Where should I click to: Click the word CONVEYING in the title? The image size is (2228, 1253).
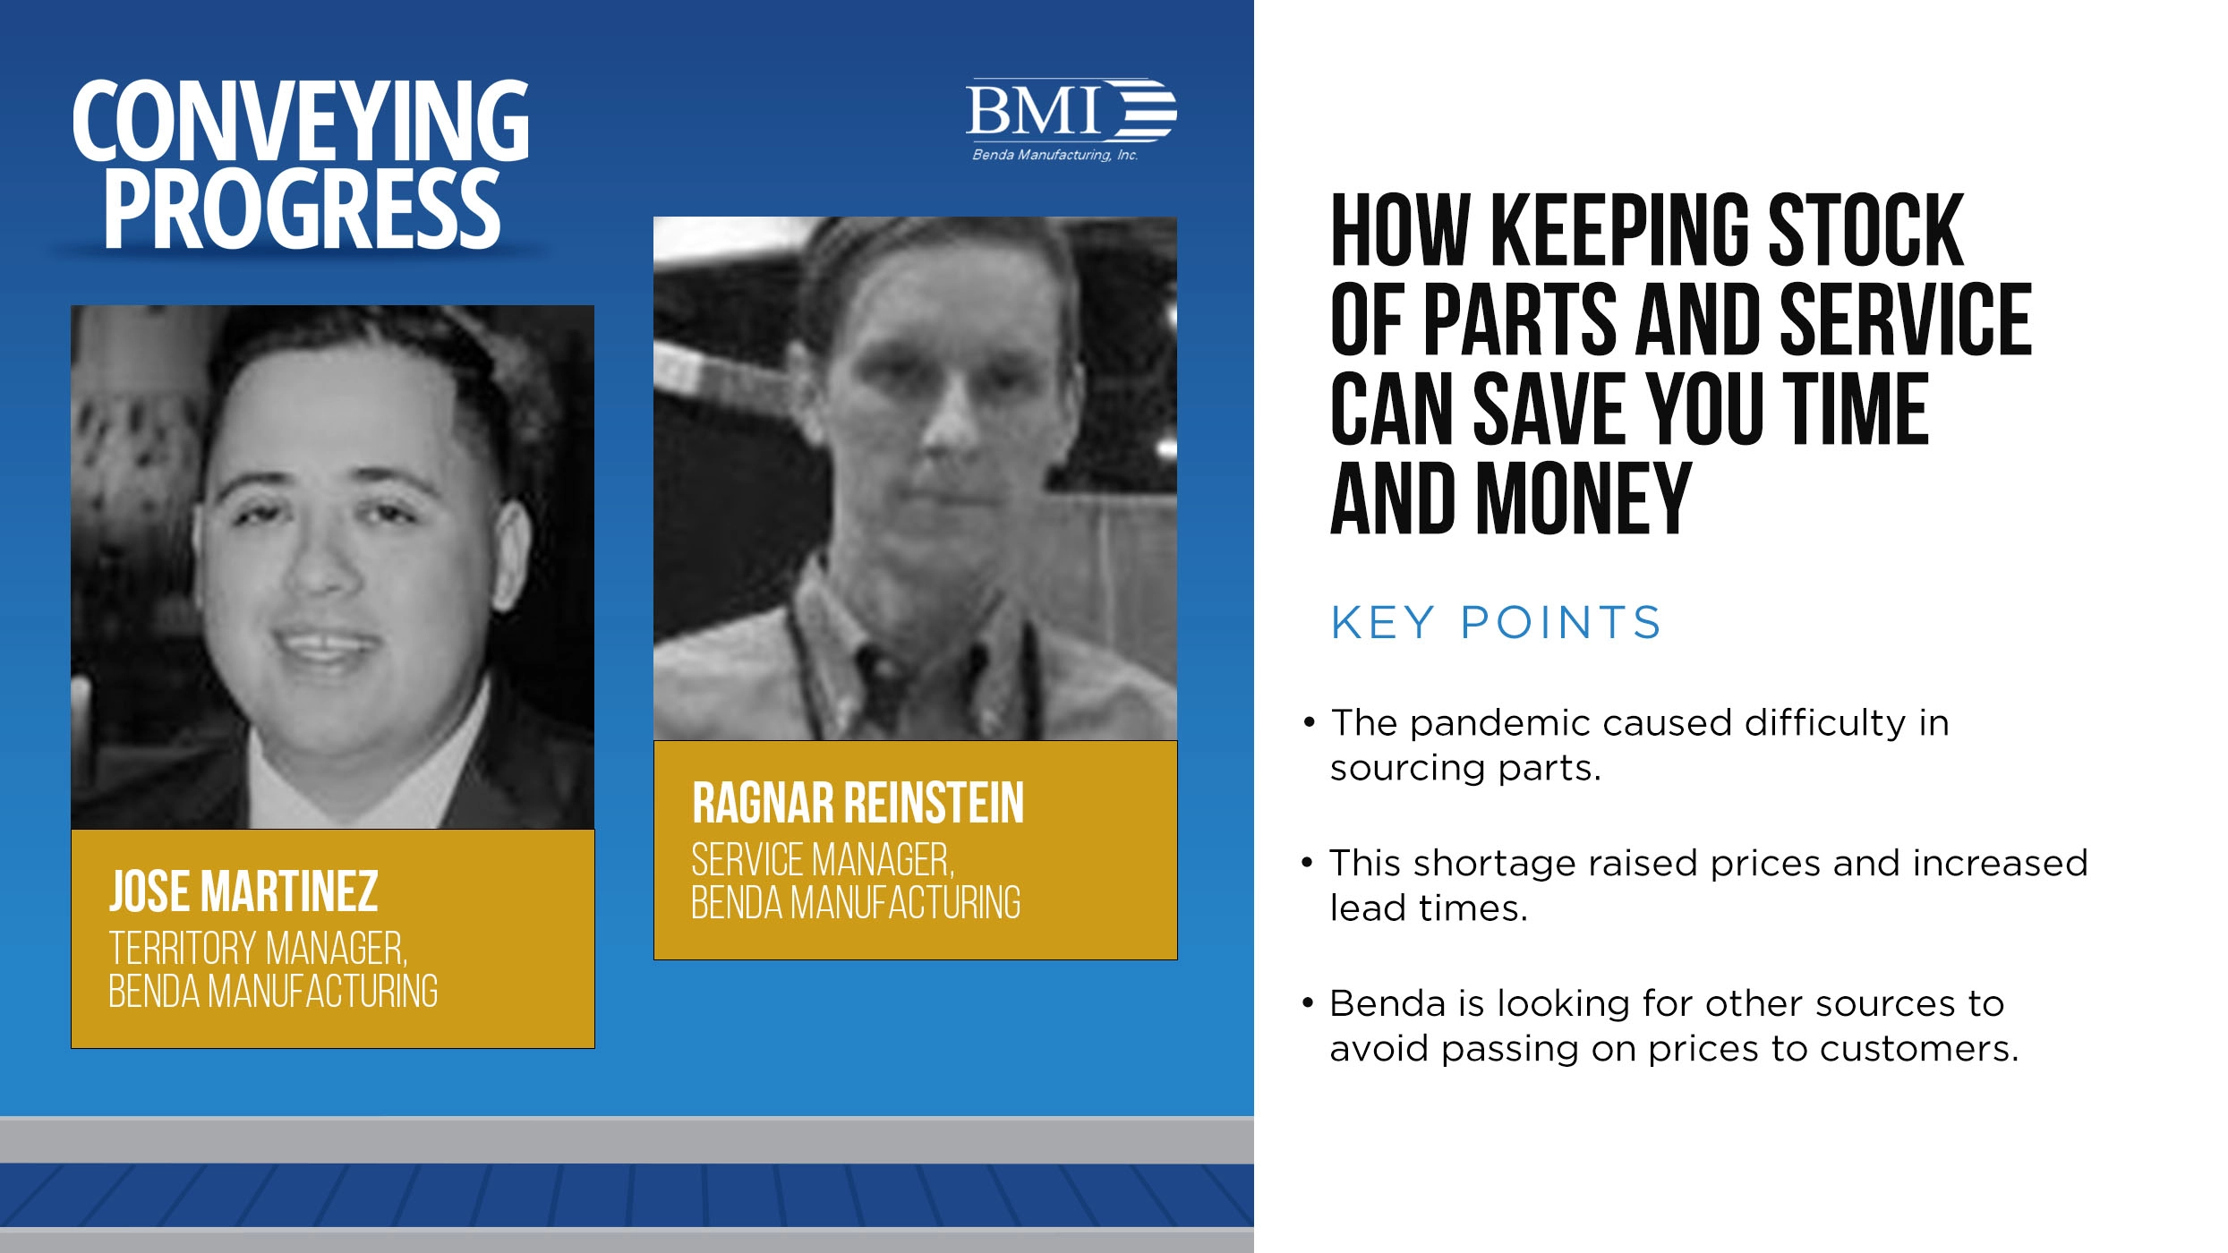[x=301, y=121]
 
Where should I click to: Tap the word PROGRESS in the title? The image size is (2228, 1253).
[x=302, y=209]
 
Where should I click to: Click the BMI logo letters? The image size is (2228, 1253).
[x=1034, y=111]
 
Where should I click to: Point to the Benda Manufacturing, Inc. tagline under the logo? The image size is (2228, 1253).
[x=1054, y=155]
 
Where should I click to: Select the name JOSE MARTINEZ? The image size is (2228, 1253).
[x=243, y=891]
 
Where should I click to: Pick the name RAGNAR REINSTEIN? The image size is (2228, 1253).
[x=858, y=803]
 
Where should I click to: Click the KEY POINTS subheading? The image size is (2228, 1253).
[x=1495, y=623]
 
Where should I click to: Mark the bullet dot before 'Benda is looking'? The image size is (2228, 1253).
[x=1308, y=1003]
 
